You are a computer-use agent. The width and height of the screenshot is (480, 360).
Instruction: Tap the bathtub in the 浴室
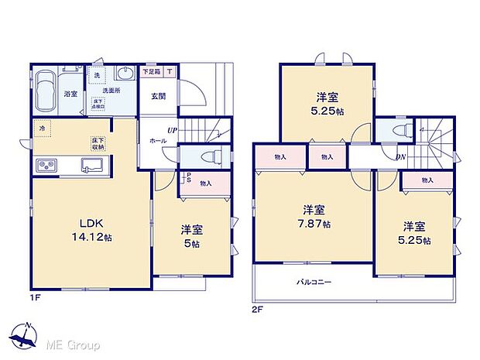point(50,84)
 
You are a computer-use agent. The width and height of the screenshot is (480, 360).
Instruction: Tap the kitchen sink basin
point(91,164)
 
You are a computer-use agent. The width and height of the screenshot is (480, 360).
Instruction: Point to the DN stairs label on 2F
point(401,156)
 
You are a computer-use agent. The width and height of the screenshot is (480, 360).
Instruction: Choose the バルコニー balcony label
point(313,282)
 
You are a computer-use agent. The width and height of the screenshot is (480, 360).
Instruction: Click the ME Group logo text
point(76,343)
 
